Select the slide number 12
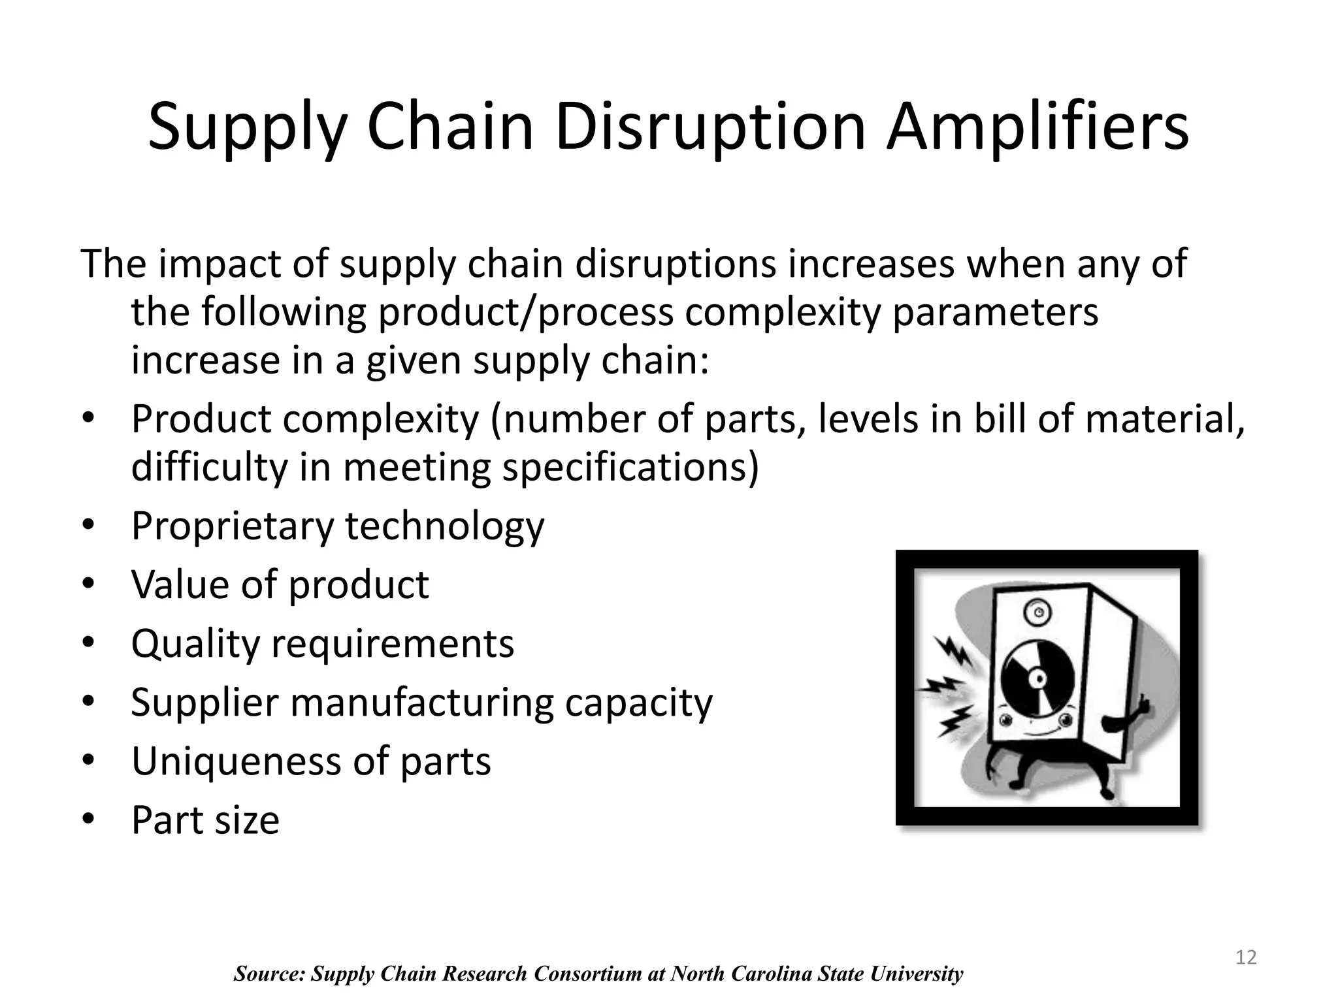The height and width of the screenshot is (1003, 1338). coord(1246,957)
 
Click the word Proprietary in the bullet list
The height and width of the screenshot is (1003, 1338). coord(233,526)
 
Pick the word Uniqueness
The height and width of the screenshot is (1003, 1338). coord(236,761)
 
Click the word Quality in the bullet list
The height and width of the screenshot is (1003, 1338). coord(195,644)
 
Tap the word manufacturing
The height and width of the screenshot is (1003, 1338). coord(421,703)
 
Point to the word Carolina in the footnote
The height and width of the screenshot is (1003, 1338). coord(772,974)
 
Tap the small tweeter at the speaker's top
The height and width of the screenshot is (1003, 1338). coord(1037,612)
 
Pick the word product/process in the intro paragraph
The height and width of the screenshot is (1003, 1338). coord(526,312)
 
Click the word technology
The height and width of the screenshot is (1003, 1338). coord(444,526)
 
